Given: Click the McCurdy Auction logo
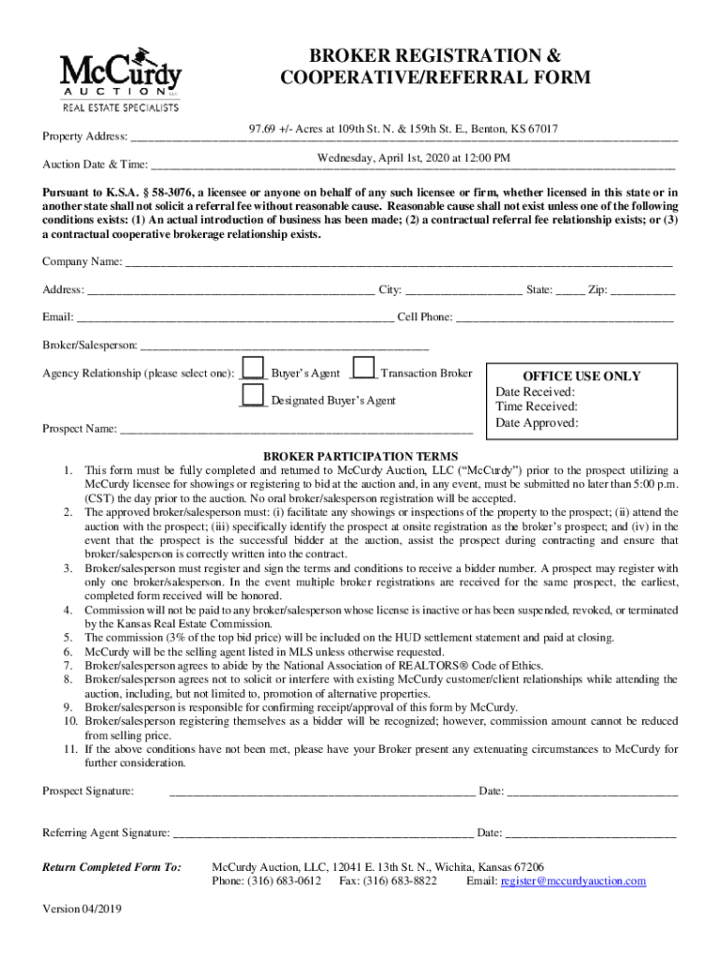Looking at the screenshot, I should click(121, 80).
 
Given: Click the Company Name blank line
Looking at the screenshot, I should click(398, 263).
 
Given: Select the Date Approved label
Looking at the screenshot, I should click(537, 422).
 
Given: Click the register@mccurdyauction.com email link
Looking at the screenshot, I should click(574, 881).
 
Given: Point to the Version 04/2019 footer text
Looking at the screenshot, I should click(82, 909).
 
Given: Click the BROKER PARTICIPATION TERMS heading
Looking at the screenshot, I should click(360, 456).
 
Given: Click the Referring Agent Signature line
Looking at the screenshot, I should click(323, 834).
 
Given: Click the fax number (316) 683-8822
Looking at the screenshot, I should click(403, 881).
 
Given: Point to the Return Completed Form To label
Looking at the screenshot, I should click(112, 867).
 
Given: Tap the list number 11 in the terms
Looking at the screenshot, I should click(70, 749).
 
